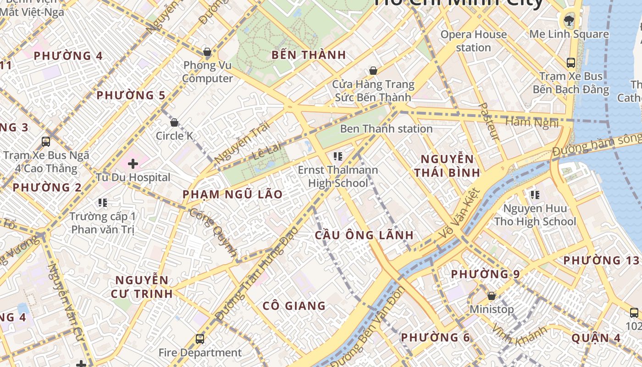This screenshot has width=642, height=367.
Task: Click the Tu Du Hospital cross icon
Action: coord(133,163)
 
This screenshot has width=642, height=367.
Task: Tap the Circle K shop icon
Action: coord(174,122)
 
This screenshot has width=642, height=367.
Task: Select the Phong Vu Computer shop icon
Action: coord(207,52)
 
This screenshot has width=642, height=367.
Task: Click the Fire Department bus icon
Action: coord(200,339)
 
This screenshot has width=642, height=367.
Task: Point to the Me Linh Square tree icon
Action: coord(569,20)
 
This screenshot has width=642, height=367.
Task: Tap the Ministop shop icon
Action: coord(492,296)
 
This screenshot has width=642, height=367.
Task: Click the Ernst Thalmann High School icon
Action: coord(338,156)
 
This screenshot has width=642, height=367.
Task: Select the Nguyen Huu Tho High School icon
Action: coord(535,195)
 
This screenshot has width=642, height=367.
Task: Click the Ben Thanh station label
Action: coord(386,129)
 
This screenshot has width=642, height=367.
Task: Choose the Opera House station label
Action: coord(473,41)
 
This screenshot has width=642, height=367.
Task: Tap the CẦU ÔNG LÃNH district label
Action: coord(364,235)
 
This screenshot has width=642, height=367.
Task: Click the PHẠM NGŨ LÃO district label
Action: coord(232,195)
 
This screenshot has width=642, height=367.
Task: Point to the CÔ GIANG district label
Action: coord(294,306)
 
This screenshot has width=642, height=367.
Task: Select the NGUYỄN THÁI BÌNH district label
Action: coord(447,166)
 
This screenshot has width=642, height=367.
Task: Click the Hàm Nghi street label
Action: coord(532,122)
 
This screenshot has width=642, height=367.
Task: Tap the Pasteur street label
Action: coord(488,121)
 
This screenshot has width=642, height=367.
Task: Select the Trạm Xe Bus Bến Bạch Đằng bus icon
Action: coord(571,63)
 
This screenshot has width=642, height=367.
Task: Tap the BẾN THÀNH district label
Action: coord(309,55)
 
